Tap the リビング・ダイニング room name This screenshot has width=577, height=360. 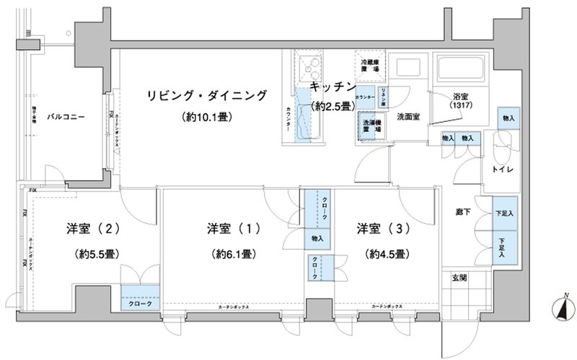coord(206,95)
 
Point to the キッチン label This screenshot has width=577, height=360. coord(333,87)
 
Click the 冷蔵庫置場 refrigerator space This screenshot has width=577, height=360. coord(371,66)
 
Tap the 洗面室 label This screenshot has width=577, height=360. coord(408,116)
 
